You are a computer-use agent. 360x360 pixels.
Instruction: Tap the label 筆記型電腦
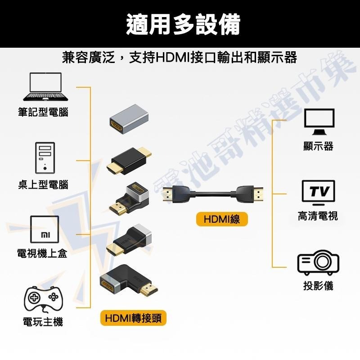coord(43,112)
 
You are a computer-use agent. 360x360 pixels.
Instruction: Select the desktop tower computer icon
coord(45,157)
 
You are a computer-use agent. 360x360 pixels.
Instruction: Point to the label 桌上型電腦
coord(43,184)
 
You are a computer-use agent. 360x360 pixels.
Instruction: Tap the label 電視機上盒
coord(42,253)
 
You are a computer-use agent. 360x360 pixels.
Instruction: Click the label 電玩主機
coord(43,322)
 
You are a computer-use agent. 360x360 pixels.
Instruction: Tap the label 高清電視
coord(318,216)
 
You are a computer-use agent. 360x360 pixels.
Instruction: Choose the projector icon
coord(318,262)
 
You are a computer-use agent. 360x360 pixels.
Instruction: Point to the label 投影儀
coord(318,286)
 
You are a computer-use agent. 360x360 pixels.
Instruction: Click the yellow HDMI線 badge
coord(222,219)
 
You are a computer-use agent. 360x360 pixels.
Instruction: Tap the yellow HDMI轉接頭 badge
coord(133,318)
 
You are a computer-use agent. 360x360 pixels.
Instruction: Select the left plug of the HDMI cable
coord(178,194)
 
